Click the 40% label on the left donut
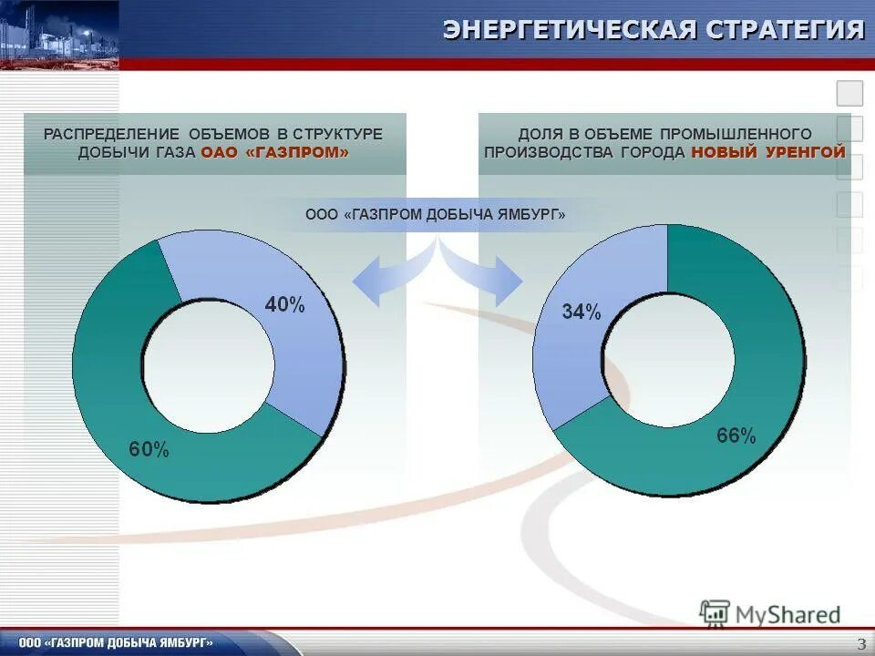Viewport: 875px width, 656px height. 284,305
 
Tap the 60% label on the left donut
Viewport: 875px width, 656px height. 148,448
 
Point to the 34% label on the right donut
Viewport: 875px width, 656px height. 581,313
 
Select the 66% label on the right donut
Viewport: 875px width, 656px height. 736,436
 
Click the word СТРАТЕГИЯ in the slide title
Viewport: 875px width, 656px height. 784,30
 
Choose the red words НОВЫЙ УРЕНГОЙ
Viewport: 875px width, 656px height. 768,153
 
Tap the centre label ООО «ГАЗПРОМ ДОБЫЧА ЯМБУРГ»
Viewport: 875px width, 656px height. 436,215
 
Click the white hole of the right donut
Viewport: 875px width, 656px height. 668,359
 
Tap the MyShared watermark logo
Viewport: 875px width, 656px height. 770,614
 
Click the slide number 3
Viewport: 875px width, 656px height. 861,644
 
